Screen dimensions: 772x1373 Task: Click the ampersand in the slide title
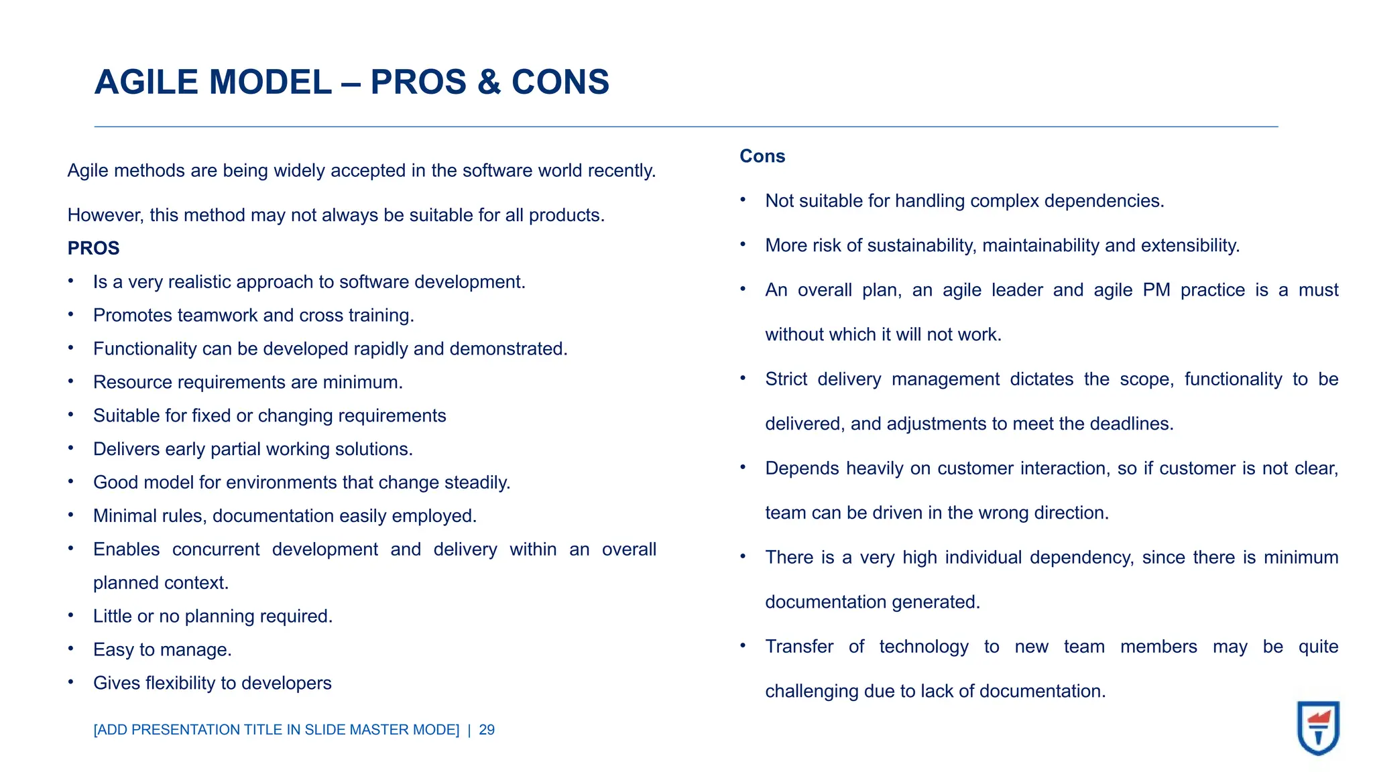point(489,82)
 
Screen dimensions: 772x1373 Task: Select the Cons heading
point(762,156)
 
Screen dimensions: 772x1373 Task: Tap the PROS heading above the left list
point(93,249)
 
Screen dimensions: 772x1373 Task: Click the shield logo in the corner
point(1318,728)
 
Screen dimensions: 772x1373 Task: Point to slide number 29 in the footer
point(487,730)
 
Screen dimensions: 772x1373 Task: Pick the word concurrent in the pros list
point(216,550)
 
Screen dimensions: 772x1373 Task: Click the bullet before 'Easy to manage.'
point(70,649)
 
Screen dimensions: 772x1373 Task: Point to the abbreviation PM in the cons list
point(1156,290)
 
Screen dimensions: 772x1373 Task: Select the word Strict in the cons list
point(786,379)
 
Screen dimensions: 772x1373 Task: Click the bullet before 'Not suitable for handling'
point(743,200)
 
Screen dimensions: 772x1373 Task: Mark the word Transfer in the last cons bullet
point(799,647)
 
